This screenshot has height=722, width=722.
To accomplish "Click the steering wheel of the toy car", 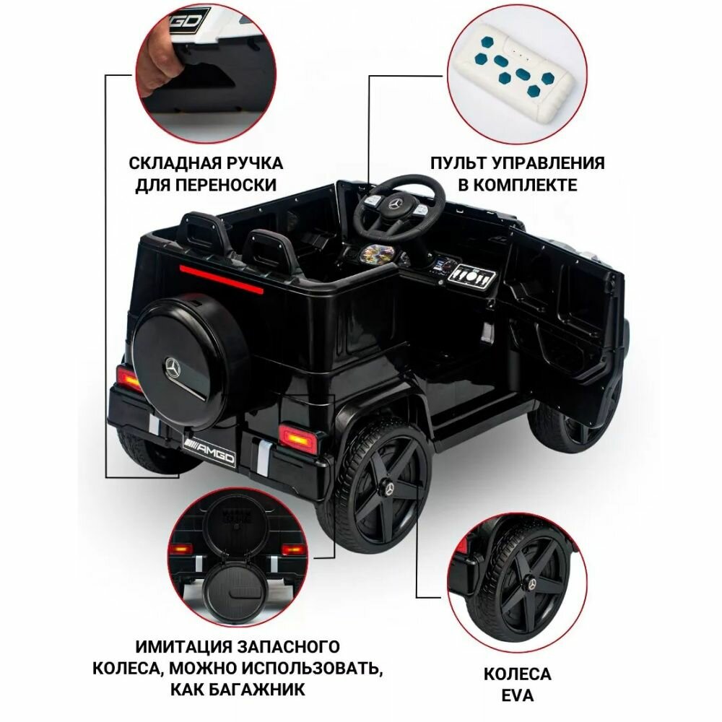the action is click(401, 184).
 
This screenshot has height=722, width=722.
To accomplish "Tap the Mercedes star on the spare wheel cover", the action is click(173, 367).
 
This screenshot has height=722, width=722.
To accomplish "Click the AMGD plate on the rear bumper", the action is click(209, 451).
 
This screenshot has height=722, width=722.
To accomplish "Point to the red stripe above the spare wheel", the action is click(221, 279).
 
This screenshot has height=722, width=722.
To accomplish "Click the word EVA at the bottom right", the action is click(517, 695).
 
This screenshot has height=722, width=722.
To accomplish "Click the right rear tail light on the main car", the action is click(298, 438).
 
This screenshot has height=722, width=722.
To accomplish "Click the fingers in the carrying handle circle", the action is click(159, 64).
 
